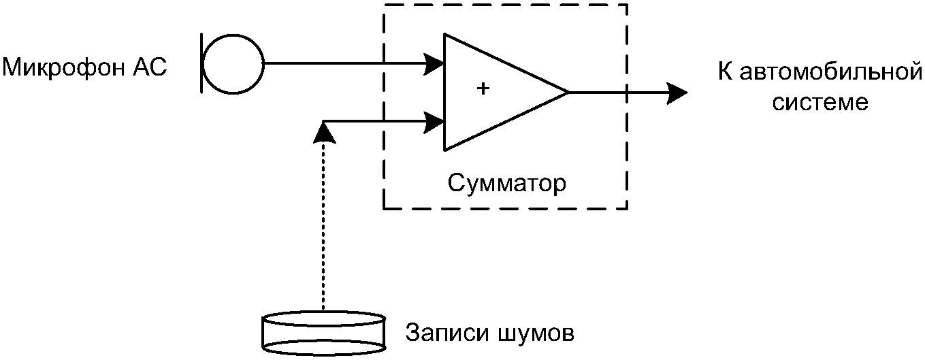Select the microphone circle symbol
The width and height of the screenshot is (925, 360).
[x=233, y=64]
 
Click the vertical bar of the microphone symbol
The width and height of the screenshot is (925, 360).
[x=202, y=63]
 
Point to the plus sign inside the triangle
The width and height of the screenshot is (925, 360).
[x=483, y=88]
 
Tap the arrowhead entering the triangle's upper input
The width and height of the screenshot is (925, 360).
[x=434, y=63]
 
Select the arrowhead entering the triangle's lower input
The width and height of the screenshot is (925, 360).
[x=434, y=122]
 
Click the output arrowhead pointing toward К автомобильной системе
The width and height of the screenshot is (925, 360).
[x=677, y=93]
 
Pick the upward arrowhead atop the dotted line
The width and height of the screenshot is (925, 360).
[x=324, y=132]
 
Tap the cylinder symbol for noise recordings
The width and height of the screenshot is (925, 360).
[x=324, y=333]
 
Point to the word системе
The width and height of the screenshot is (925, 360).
[x=820, y=102]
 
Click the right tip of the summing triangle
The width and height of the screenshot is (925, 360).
[x=568, y=93]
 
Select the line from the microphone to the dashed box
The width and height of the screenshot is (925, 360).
[x=324, y=63]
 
